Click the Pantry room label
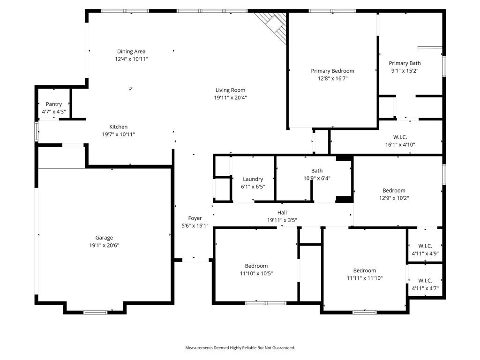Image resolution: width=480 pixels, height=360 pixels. [54, 104]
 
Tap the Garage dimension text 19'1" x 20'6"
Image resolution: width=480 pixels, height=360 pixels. [104, 245]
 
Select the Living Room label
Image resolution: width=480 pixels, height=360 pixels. [230, 90]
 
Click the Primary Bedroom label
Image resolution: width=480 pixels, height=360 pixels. [332, 71]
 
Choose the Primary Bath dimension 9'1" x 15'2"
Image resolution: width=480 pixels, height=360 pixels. [405, 71]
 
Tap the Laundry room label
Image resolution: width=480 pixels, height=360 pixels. [253, 179]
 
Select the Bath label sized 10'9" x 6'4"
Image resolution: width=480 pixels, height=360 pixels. [317, 171]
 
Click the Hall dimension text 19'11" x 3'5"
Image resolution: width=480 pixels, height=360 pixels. [282, 220]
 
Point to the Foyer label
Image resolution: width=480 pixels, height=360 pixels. [195, 218]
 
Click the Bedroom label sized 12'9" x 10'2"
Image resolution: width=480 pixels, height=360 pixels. [394, 190]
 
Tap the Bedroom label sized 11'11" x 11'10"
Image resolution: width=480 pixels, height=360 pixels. [365, 270]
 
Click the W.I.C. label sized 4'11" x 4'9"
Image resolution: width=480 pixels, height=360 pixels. [425, 246]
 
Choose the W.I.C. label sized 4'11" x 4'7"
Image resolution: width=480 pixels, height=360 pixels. [425, 281]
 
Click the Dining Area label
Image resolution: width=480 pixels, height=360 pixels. [131, 52]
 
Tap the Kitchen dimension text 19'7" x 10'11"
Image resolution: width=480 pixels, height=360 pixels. [119, 135]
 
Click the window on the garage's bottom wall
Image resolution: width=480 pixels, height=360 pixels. [95, 312]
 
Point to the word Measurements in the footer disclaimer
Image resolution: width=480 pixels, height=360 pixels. [199, 348]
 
